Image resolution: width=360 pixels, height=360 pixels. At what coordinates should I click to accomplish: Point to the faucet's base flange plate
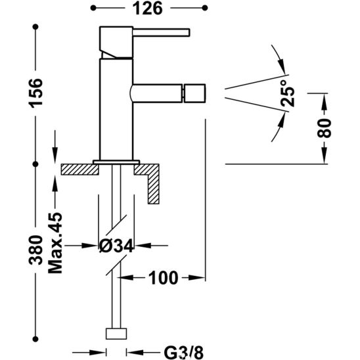pos(116,161)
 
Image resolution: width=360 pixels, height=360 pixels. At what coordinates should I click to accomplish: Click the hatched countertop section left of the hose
pos(78,168)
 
